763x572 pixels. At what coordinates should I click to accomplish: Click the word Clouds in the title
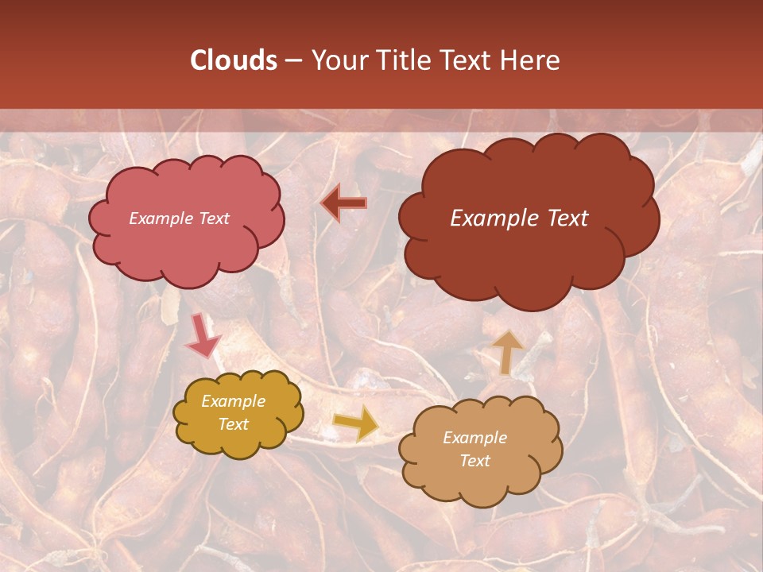point(234,60)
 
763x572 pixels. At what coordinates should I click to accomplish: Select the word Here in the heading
point(532,60)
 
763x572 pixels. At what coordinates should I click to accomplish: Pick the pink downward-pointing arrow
point(202,337)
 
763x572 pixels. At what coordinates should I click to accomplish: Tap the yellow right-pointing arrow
point(355,423)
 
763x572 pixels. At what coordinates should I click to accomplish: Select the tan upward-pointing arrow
point(506,350)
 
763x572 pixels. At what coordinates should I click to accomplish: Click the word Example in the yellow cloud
point(234,401)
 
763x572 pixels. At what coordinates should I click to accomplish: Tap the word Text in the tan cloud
point(474,461)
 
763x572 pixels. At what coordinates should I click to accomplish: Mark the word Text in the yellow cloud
point(234,424)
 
